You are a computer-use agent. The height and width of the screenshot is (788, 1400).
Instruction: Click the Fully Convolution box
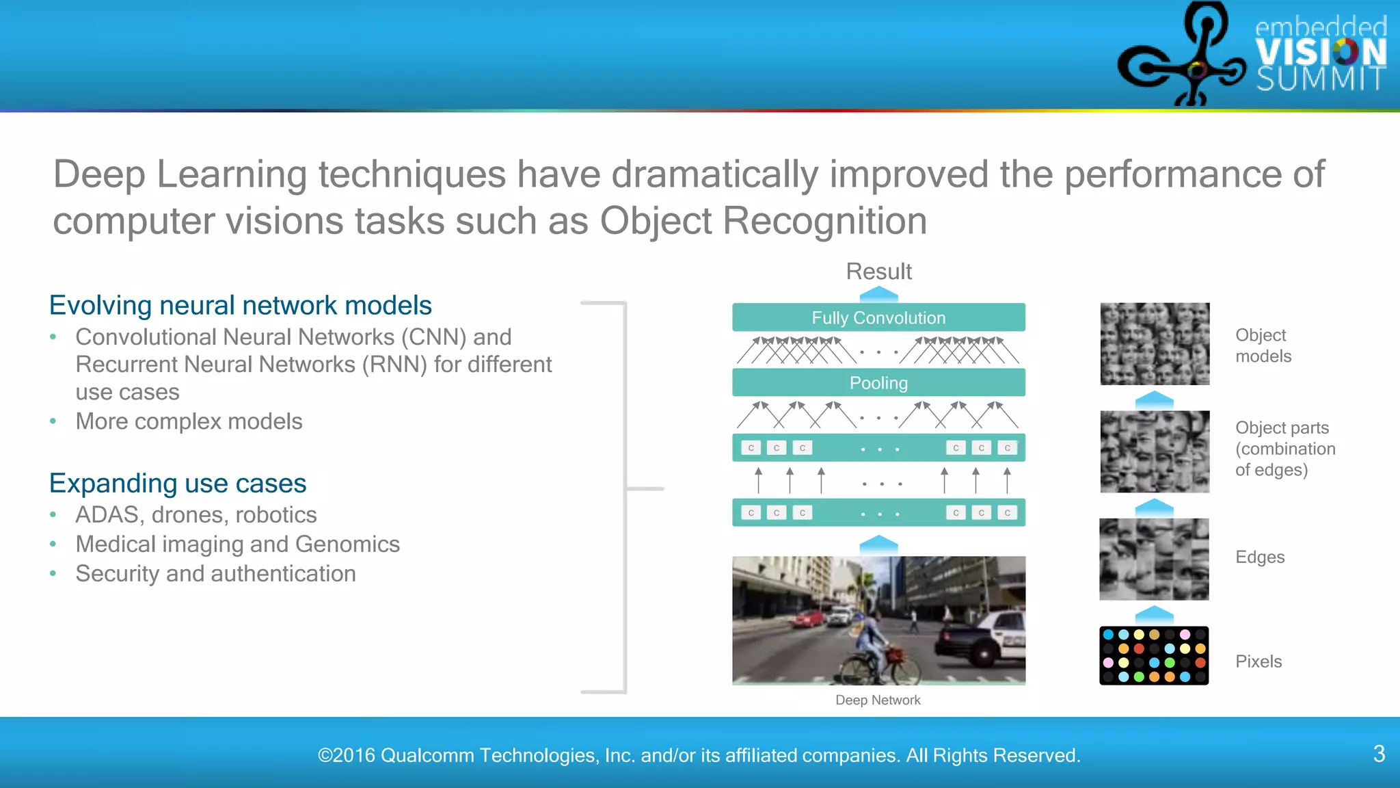coord(878,317)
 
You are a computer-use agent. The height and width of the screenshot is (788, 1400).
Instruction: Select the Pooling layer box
coord(878,382)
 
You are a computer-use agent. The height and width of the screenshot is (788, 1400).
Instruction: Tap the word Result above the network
coord(878,272)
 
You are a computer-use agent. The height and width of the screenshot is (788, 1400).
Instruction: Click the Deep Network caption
coord(878,700)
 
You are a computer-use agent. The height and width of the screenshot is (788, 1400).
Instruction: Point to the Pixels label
coord(1258,661)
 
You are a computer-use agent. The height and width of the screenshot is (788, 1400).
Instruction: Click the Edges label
coord(1259,557)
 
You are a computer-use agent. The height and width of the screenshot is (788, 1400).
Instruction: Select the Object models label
coord(1263,345)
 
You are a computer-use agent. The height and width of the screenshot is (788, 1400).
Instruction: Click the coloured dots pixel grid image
coord(1154,655)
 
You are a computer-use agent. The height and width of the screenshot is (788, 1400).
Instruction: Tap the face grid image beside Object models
coord(1154,343)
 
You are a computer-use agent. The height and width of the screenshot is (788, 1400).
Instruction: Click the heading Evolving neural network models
coord(241,305)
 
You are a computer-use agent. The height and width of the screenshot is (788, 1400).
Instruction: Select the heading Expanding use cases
coord(178,483)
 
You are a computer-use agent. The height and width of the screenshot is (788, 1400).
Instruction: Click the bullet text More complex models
coord(189,421)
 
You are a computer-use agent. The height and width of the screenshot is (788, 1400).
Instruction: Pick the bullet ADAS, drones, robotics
coord(196,514)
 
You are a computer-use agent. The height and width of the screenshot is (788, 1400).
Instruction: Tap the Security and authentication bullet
coord(215,573)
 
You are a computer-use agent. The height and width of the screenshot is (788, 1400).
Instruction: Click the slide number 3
coord(1379,754)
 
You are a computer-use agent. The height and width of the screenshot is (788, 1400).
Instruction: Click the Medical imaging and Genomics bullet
coord(237,544)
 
